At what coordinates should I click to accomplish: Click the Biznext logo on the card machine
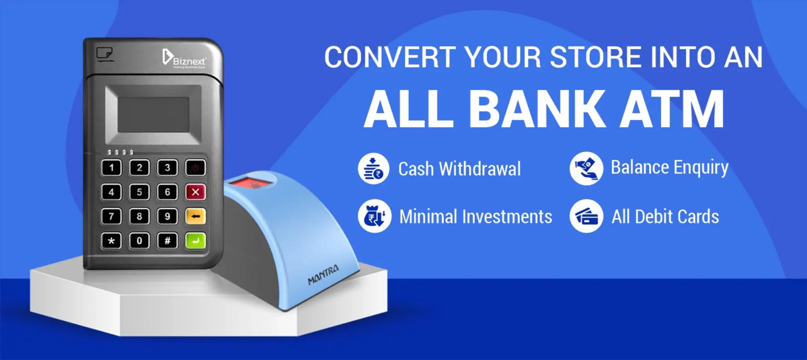[184, 58]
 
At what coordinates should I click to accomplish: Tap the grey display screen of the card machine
[154, 114]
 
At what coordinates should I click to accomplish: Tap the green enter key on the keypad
[195, 240]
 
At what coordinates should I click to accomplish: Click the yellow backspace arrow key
[195, 217]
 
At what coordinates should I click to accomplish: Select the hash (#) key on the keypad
[167, 240]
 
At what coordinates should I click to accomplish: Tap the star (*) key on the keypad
[111, 240]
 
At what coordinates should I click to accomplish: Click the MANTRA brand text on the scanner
[323, 276]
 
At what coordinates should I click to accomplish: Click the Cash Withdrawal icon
[374, 168]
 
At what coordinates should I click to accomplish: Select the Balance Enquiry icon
[586, 168]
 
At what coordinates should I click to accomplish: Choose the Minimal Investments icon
[374, 216]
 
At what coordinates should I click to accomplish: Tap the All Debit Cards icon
[586, 216]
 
